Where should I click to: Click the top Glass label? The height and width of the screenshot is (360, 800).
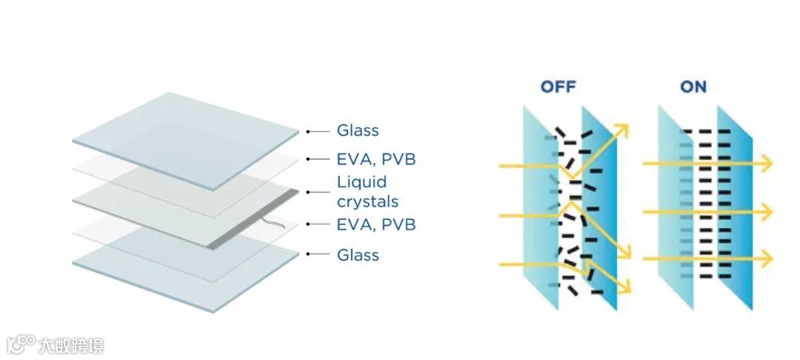(358, 130)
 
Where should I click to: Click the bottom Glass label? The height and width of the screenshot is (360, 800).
(358, 255)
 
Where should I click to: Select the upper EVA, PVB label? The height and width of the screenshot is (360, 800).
(376, 159)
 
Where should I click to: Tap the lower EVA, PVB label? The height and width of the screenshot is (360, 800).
(376, 224)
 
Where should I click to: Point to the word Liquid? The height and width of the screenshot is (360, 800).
(362, 182)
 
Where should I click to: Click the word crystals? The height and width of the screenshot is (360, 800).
(367, 201)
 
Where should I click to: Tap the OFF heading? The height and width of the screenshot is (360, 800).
(558, 87)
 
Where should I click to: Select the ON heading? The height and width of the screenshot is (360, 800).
(693, 87)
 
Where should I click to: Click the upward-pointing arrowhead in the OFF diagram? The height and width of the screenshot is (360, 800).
(621, 130)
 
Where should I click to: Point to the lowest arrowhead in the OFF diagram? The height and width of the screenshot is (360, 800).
(624, 288)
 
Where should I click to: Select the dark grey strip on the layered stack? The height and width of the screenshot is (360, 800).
(256, 219)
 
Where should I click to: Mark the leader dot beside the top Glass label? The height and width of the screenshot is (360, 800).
(307, 131)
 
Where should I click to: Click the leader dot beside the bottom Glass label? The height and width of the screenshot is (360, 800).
(307, 254)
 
